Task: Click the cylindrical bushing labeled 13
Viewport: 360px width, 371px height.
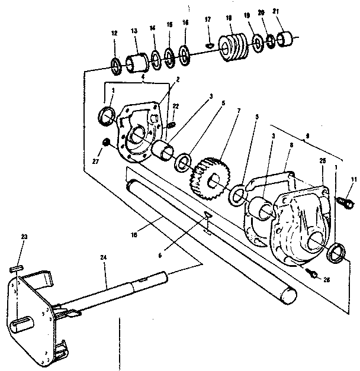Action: [x=137, y=60]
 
